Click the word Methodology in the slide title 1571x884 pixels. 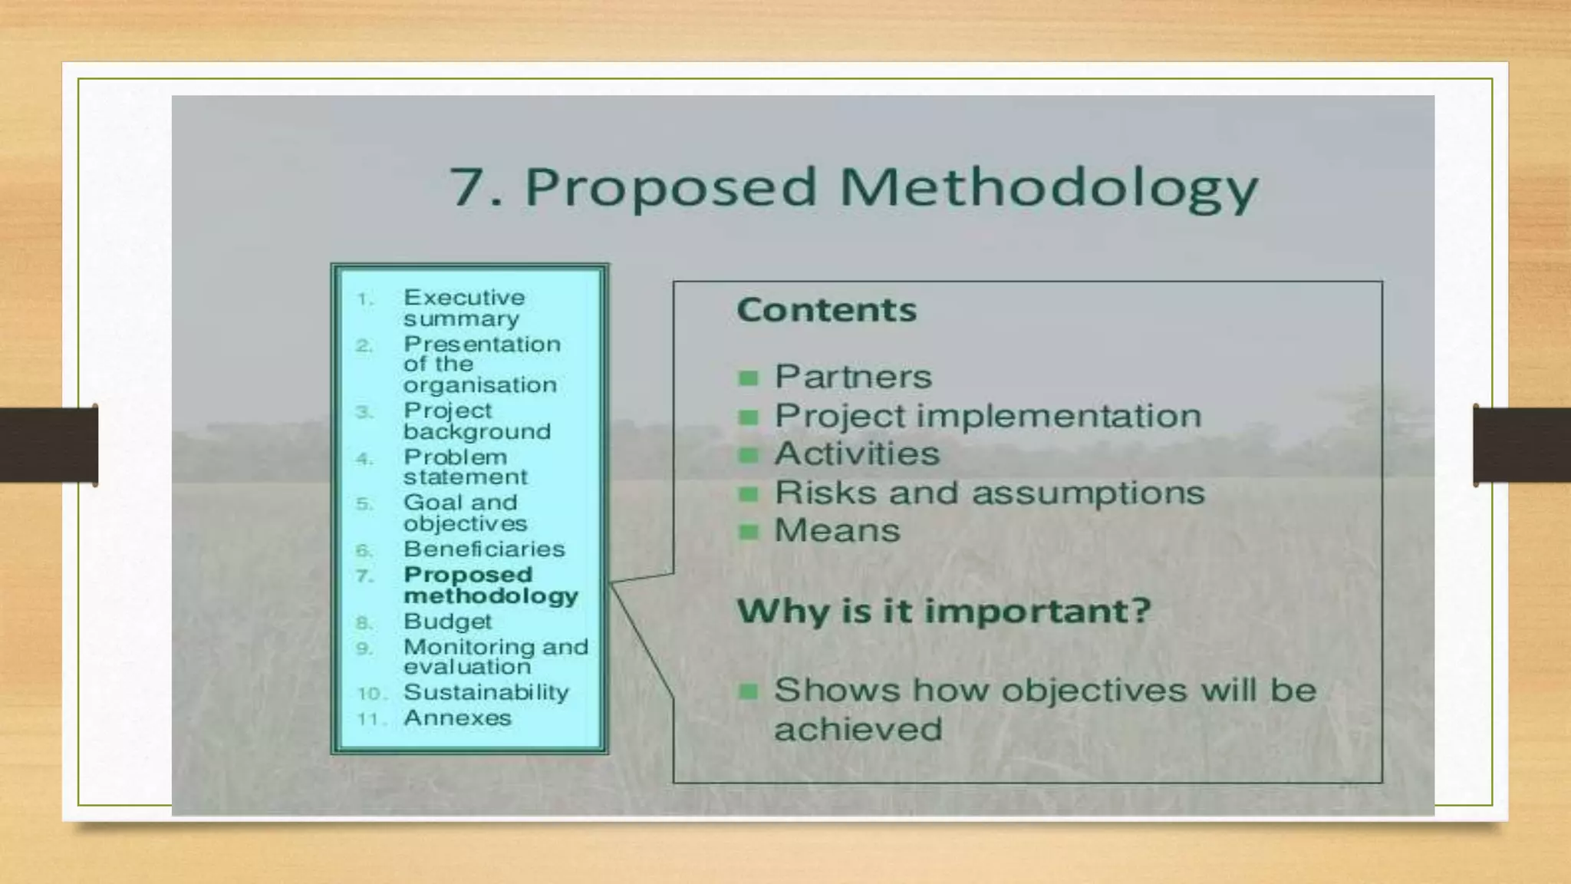coord(1049,188)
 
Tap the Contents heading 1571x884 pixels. coord(826,310)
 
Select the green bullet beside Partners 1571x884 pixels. coord(748,378)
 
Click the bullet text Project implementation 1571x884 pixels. coord(987,416)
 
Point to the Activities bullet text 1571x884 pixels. coord(856,454)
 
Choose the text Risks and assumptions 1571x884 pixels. coord(989,493)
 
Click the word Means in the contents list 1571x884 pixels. coord(837,530)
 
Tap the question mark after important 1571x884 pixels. coord(1141,611)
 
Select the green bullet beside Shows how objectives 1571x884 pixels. coord(748,692)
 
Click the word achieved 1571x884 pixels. coord(858,729)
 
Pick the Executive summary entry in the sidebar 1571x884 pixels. coord(463,308)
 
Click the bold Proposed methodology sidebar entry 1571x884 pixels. coord(490,585)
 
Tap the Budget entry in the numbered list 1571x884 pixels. coord(447,621)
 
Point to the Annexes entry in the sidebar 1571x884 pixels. coord(457,718)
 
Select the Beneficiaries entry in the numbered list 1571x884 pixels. coord(483,549)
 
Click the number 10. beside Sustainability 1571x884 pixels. coord(371,694)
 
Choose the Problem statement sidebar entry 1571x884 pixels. coord(465,467)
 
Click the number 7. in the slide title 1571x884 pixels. coord(476,188)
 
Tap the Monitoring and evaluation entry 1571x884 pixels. coord(495,657)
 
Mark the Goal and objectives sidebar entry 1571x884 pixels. coord(465,513)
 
